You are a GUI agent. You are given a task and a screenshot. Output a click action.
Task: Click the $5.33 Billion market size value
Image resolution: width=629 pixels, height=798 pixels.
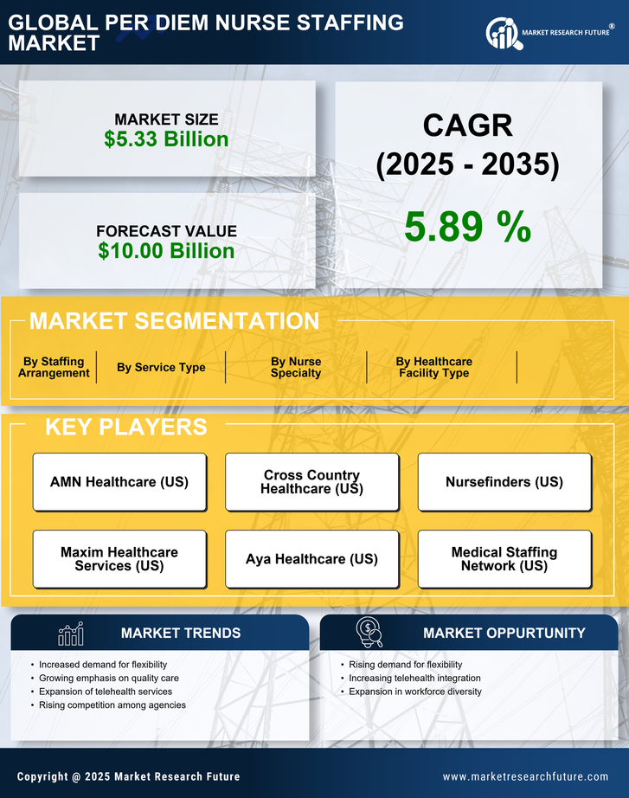(x=166, y=139)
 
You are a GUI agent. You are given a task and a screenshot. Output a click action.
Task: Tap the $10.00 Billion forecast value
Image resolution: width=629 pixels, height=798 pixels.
(x=166, y=251)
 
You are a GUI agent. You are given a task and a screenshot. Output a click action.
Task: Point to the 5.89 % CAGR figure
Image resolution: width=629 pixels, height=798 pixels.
(x=467, y=228)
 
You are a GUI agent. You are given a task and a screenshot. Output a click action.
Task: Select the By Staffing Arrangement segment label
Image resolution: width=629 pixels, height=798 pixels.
(x=54, y=367)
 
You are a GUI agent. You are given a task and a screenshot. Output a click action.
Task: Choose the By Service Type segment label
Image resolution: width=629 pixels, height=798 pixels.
(x=161, y=367)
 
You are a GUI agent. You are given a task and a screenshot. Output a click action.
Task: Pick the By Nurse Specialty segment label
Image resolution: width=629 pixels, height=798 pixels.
(x=296, y=367)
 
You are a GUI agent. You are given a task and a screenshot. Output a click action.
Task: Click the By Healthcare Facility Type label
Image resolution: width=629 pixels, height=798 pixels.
(x=433, y=367)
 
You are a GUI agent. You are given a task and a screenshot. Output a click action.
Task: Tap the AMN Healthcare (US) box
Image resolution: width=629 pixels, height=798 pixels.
(x=119, y=482)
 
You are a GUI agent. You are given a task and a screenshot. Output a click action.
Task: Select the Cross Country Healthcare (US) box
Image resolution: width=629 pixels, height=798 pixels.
(x=311, y=482)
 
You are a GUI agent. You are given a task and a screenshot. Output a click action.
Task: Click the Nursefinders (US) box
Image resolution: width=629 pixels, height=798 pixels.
(x=504, y=482)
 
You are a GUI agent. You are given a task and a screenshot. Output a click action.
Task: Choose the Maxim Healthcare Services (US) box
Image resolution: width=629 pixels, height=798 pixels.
(x=119, y=559)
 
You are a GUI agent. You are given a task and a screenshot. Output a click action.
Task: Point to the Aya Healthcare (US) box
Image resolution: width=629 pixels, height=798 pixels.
(x=311, y=559)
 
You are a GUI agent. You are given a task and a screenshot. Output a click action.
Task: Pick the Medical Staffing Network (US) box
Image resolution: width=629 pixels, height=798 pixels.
(x=504, y=559)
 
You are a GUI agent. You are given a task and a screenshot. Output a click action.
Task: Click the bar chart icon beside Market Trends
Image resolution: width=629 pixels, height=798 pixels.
(x=70, y=634)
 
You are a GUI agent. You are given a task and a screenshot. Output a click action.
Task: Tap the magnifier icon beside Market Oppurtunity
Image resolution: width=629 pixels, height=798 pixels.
(x=369, y=633)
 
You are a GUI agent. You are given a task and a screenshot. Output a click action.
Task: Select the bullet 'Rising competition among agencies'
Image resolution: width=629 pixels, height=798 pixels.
(x=112, y=705)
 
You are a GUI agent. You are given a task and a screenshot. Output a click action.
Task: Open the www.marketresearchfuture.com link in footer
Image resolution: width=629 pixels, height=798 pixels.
(x=525, y=776)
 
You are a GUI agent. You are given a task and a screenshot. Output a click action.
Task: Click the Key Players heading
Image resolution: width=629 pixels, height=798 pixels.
(x=125, y=427)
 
